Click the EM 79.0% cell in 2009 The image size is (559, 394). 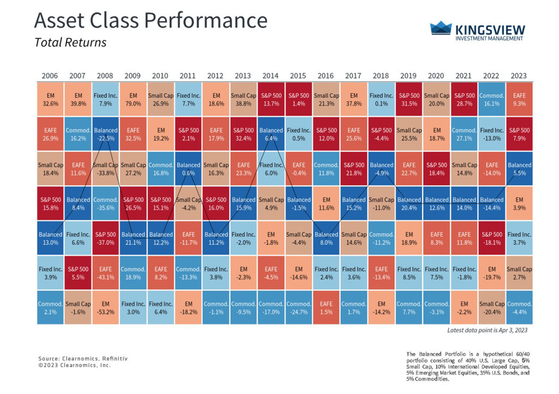coord(133,99)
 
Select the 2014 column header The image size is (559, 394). coord(271,75)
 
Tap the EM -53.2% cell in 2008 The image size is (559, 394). coord(105,308)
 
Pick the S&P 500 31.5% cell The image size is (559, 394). coord(409,99)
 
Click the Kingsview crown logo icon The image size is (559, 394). coord(441,28)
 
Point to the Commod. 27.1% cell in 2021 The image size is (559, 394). coord(465,134)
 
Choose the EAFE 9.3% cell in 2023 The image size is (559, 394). coord(520,99)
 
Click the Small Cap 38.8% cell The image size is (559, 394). coord(243,99)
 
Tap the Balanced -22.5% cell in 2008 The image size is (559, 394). coord(105,134)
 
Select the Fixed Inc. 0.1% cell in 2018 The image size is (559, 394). coord(382,99)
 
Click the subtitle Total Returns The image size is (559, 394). coord(70,42)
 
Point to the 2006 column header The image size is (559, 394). coord(50,75)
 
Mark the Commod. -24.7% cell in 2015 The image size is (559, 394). coord(299,308)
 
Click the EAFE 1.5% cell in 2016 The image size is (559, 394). coord(326,308)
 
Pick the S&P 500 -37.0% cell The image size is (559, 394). coord(105,238)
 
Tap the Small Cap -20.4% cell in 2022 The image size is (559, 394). coord(492,308)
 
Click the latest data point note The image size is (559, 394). coord(487,331)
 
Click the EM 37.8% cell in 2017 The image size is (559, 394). coord(354,99)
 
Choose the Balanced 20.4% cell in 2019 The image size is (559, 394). coord(409,203)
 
